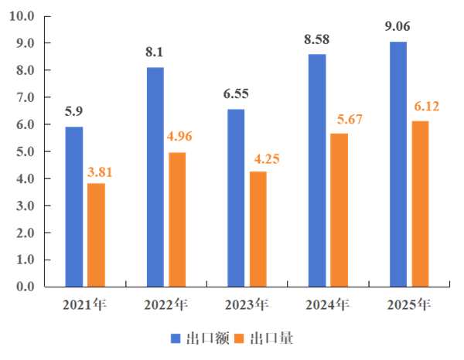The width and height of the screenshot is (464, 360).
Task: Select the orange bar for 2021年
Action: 96,235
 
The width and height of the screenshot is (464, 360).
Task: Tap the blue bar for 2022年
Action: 155,177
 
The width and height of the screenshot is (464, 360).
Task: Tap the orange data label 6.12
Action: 423,107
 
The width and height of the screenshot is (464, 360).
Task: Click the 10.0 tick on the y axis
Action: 22,16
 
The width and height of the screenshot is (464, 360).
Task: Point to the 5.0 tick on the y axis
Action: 25,151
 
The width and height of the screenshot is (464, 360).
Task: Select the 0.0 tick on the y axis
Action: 25,287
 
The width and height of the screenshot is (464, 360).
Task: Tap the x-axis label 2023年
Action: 247,304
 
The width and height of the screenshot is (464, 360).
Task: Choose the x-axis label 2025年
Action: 409,304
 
